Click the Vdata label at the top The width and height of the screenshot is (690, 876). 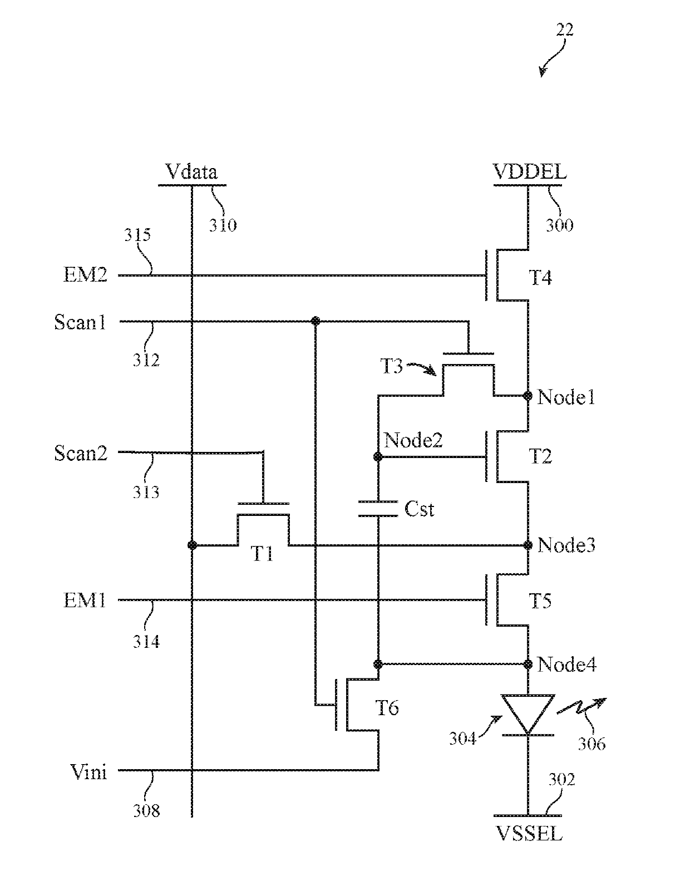click(191, 171)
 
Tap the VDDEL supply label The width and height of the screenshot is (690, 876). click(529, 171)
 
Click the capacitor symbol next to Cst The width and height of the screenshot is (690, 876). click(378, 509)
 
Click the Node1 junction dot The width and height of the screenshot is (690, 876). click(528, 395)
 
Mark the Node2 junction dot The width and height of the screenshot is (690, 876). click(378, 457)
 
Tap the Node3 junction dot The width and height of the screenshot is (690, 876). click(528, 545)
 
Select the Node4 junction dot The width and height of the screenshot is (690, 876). click(528, 665)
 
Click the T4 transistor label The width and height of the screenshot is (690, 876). click(540, 278)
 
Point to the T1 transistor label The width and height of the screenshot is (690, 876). click(262, 554)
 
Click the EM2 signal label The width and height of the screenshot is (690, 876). click(85, 274)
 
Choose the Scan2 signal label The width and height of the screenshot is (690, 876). click(81, 453)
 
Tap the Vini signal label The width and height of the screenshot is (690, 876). click(88, 772)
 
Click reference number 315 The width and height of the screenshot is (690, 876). click(137, 234)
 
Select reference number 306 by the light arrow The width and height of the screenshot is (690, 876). click(592, 744)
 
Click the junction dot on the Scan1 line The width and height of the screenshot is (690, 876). click(315, 321)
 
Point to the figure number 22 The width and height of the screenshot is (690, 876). click(565, 29)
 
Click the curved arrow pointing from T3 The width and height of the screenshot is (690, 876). click(421, 367)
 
